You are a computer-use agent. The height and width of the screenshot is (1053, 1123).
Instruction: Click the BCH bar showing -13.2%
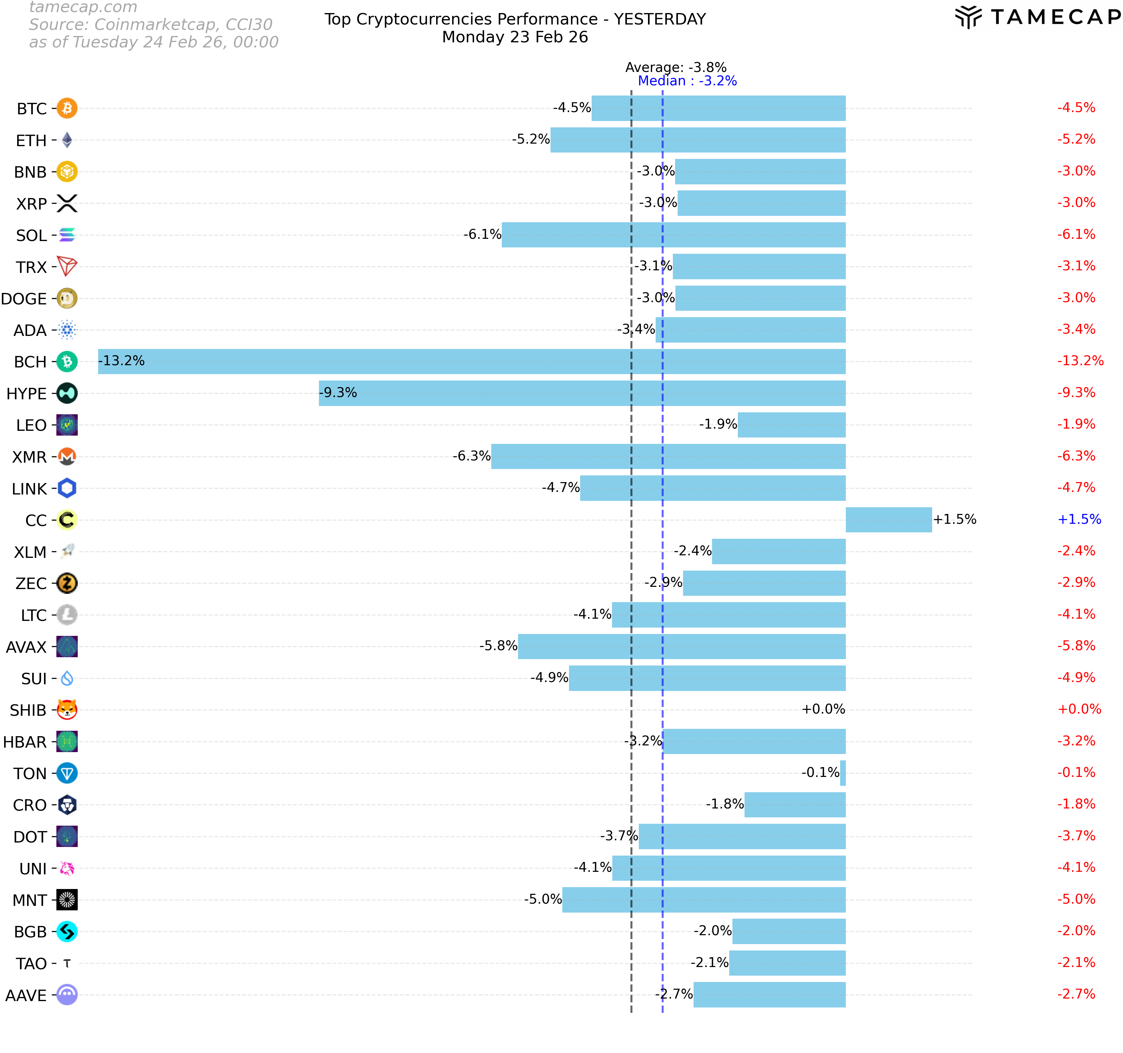(472, 361)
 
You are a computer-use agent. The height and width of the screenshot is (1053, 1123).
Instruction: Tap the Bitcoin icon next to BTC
(67, 108)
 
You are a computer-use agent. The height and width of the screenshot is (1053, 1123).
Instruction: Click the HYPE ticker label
(26, 394)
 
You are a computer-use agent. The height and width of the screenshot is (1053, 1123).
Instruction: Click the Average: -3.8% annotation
(676, 67)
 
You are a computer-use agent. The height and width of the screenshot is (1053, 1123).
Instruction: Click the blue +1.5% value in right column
(1079, 519)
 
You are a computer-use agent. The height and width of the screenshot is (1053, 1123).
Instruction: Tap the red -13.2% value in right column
(1080, 361)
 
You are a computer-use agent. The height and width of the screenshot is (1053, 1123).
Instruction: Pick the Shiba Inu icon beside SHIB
(67, 710)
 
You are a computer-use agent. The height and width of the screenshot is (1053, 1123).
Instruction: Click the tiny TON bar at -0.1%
(843, 773)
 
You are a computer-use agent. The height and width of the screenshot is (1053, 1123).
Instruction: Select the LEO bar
(791, 424)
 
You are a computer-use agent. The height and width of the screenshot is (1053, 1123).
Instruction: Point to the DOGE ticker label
(24, 299)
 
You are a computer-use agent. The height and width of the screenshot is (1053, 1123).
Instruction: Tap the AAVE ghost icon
(67, 994)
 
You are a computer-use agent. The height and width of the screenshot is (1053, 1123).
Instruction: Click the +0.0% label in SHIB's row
(823, 709)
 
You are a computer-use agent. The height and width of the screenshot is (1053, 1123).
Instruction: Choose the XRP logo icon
(67, 203)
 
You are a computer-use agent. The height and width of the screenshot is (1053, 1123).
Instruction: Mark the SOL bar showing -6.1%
(673, 235)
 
